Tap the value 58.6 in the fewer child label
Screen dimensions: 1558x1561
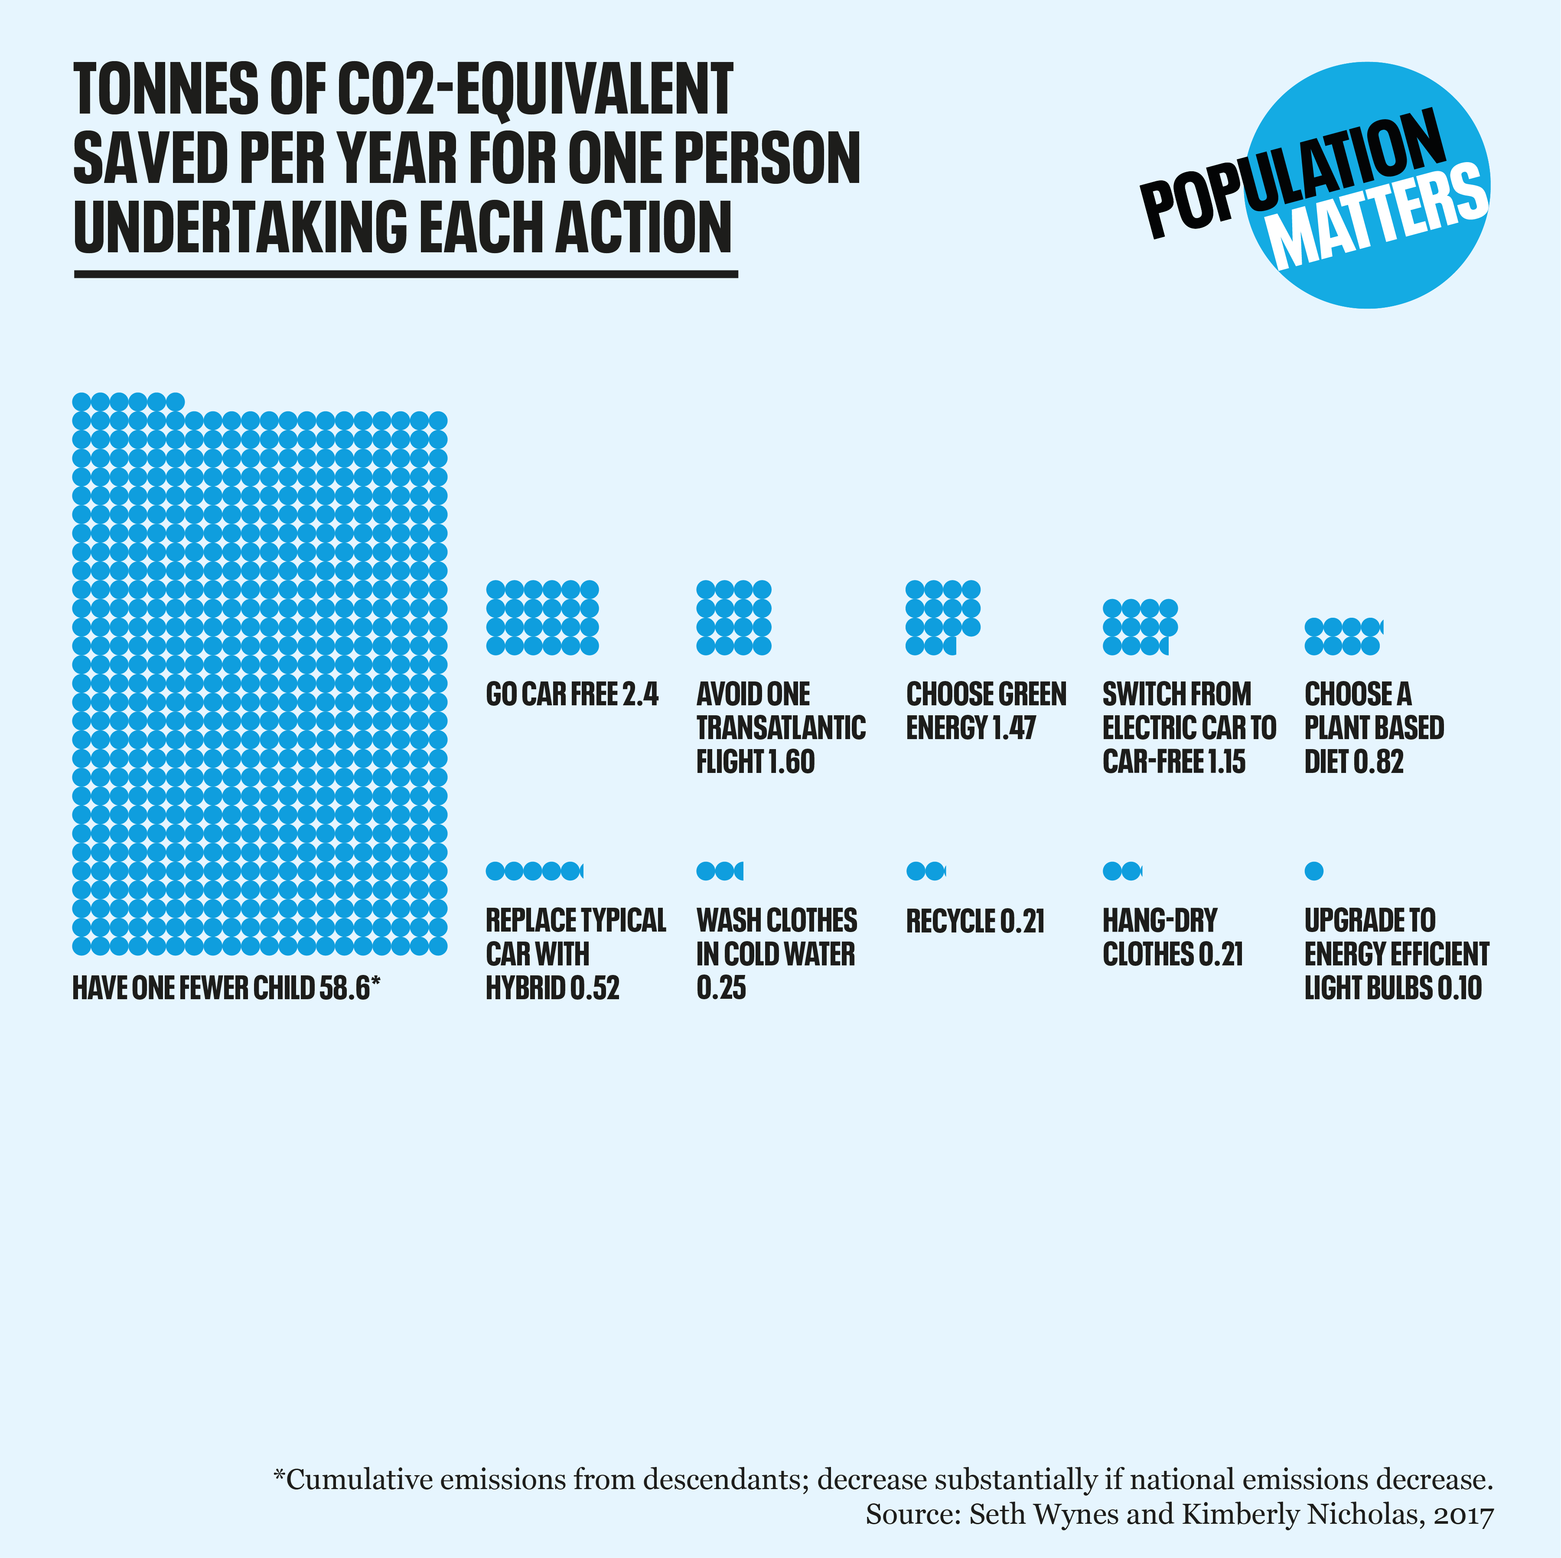pos(343,988)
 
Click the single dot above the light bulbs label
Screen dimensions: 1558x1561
pos(1314,870)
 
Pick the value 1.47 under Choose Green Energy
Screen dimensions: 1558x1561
pos(1013,728)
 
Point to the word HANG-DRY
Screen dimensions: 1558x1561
pos(1160,920)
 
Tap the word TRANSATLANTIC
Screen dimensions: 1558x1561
pos(780,728)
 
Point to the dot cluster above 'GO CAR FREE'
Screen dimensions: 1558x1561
pos(542,617)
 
